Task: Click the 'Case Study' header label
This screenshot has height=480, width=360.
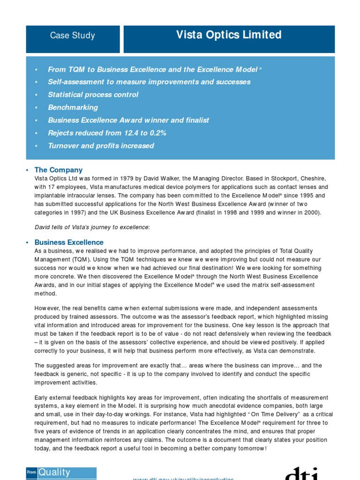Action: pos(72,36)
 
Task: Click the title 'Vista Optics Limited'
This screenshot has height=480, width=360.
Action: pos(229,35)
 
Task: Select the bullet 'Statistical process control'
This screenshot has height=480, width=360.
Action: pos(93,95)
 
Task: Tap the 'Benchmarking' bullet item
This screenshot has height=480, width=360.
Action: pos(73,107)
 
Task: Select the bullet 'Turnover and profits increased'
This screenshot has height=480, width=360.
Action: pos(101,146)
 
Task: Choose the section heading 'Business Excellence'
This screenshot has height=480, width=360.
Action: pos(69,242)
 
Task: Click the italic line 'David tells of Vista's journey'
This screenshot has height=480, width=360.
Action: pos(92,227)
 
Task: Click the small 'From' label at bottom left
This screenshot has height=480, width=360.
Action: pos(31,473)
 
